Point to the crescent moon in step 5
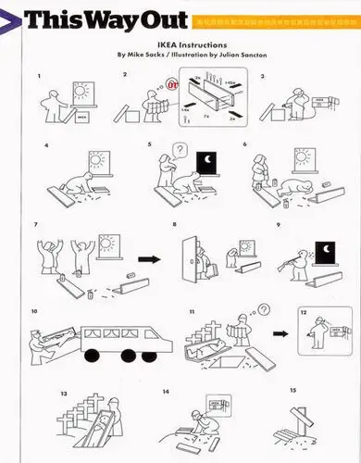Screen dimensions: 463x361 (210, 164)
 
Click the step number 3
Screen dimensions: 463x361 (263, 75)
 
